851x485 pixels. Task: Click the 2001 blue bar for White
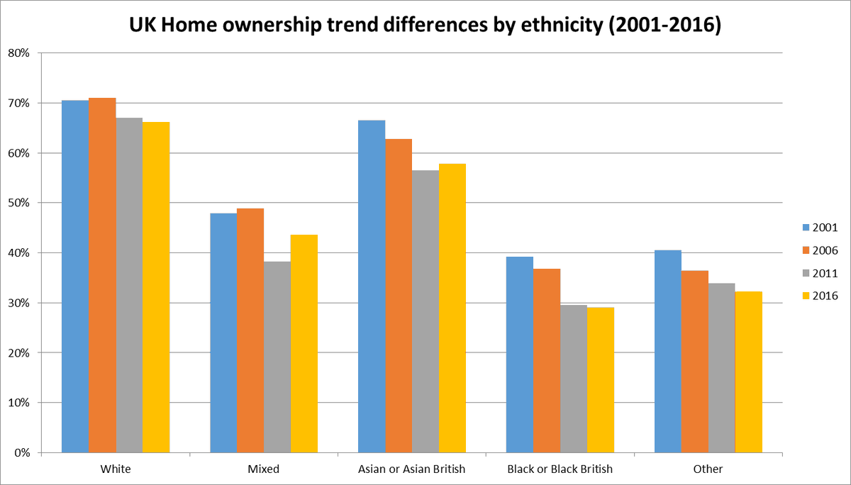click(75, 277)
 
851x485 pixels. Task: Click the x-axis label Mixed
click(264, 469)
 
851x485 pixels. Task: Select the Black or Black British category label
click(560, 469)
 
